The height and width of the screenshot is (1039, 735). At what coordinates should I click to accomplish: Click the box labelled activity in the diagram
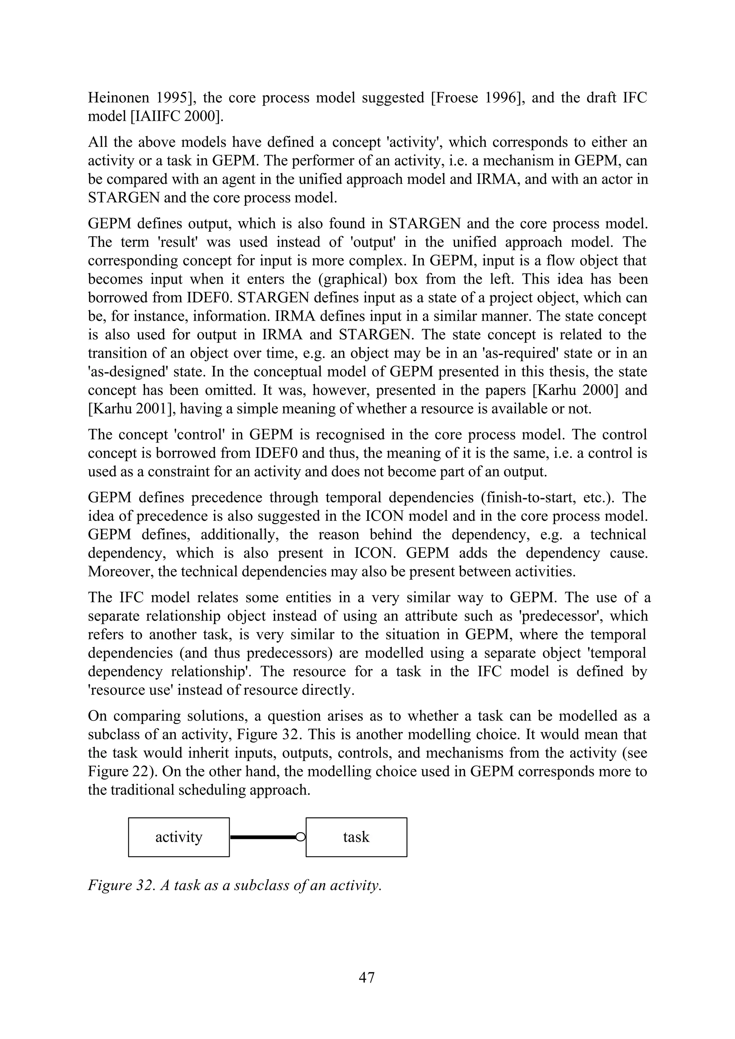tap(179, 837)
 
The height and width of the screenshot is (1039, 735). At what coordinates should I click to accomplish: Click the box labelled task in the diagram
tap(356, 837)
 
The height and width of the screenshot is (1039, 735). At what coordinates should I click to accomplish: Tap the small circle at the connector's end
tap(300, 838)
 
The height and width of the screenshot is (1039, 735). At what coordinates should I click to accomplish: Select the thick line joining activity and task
tap(262, 838)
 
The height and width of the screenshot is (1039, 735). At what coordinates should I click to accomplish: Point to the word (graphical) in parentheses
tap(352, 279)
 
